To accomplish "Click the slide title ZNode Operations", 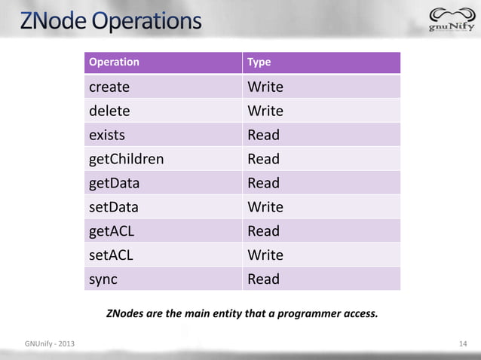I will pyautogui.click(x=112, y=20).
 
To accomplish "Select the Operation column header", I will pyautogui.click(x=114, y=62).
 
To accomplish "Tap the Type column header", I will pyautogui.click(x=259, y=62).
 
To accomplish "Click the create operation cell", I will pyautogui.click(x=109, y=87).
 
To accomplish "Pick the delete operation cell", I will pyautogui.click(x=109, y=111).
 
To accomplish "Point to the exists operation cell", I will pyautogui.click(x=107, y=135).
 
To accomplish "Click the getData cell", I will pyautogui.click(x=114, y=183).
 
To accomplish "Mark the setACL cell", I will pyautogui.click(x=111, y=255).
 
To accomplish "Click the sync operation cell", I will pyautogui.click(x=104, y=279).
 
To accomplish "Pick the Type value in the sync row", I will pyautogui.click(x=264, y=279).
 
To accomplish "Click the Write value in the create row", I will pyautogui.click(x=265, y=87).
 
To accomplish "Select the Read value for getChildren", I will pyautogui.click(x=264, y=159).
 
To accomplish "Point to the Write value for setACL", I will pyautogui.click(x=265, y=255).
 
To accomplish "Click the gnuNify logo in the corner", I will pyautogui.click(x=451, y=20).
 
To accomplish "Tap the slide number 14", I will pyautogui.click(x=464, y=345).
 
